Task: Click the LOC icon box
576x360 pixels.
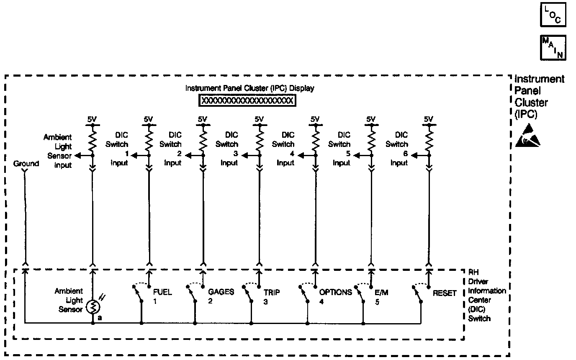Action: click(x=553, y=15)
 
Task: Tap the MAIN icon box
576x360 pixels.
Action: click(x=553, y=47)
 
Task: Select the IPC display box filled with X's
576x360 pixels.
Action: click(x=247, y=101)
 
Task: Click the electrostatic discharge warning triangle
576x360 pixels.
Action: click(x=528, y=136)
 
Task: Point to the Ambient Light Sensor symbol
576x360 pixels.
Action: click(x=93, y=307)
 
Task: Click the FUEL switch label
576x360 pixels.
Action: click(x=162, y=292)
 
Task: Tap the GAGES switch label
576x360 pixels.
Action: click(x=221, y=292)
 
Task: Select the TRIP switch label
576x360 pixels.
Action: click(x=272, y=292)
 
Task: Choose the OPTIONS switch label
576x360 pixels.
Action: click(x=335, y=292)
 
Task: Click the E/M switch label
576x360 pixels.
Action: click(x=381, y=293)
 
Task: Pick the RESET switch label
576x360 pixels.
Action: click(x=445, y=293)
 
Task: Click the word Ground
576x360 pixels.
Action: click(x=26, y=164)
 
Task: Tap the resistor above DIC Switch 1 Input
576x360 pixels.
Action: click(x=149, y=140)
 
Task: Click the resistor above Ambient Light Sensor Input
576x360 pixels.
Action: click(x=92, y=140)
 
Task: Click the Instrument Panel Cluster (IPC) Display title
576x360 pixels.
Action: click(x=249, y=88)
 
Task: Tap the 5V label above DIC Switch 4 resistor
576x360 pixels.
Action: click(x=315, y=120)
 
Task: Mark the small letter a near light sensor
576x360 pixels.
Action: click(x=100, y=318)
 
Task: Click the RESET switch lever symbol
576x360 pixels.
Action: click(x=417, y=295)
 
